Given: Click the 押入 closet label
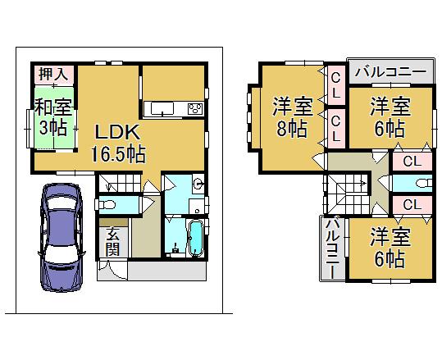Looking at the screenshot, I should (x=50, y=75).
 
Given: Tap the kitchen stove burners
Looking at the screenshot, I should (x=195, y=109).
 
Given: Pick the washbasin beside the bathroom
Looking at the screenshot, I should (x=199, y=183).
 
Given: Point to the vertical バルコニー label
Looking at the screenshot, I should (x=332, y=247).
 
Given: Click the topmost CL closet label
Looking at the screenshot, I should (x=336, y=83).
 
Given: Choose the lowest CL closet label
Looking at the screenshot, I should (x=412, y=204).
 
